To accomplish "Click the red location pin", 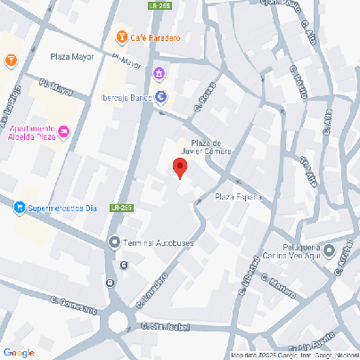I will point(179,168).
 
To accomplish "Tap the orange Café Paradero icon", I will point(121,37).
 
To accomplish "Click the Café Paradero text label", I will point(155,37).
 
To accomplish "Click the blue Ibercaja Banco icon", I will point(160,97).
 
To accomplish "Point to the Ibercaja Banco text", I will point(124,97).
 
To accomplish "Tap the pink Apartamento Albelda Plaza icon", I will point(65,133).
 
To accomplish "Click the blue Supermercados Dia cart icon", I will point(19,208).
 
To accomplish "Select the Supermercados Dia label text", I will point(61,209).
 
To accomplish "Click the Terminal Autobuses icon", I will point(113,242).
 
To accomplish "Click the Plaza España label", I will point(238,197).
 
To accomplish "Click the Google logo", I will point(19,352).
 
